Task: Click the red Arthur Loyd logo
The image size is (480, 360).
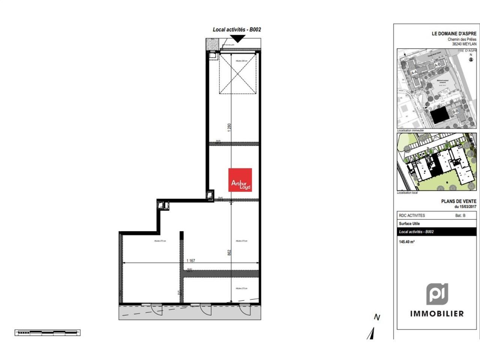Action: pos(240,180)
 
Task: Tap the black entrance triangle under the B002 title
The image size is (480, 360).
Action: pos(238,38)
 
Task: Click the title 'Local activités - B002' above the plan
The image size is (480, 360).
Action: pos(237,29)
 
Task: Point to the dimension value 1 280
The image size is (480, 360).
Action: pos(229,127)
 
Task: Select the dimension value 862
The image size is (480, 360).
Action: pos(229,253)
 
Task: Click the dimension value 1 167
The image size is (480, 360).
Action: pos(190,261)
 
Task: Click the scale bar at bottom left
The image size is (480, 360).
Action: pos(48,332)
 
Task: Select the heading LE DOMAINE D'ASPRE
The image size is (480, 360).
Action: pos(454,33)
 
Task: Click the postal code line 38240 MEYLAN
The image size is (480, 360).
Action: pos(464,44)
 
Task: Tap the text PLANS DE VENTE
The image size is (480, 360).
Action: pos(459,201)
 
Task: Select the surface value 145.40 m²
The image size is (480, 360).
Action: pos(406,242)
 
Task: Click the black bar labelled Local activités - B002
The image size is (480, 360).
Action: pos(436,232)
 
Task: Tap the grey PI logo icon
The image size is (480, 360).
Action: pos(437,294)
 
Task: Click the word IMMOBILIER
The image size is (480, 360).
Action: pos(437,313)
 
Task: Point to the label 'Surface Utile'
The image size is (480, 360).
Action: pos(409,223)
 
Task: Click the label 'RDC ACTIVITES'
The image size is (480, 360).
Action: pos(412,216)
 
